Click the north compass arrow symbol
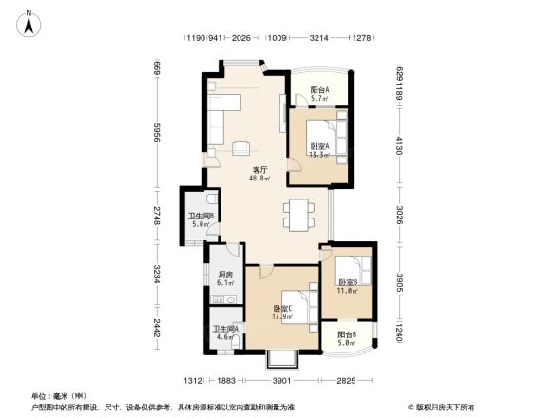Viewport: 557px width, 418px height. pos(31,22)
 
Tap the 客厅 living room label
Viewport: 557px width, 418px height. pos(258,169)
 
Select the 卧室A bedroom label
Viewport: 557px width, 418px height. pos(319,145)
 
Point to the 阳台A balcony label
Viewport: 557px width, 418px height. pos(320,90)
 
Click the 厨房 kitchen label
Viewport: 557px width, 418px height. pos(225,275)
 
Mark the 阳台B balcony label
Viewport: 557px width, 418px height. pos(345,334)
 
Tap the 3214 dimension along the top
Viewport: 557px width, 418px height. pos(319,39)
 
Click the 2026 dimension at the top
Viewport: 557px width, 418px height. pos(241,39)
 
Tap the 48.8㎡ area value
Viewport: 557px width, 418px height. pos(258,178)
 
